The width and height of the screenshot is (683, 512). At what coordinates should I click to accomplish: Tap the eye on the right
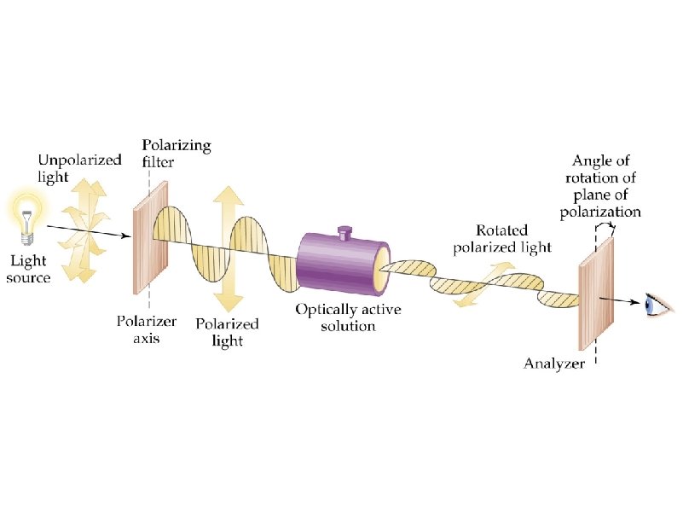point(657,304)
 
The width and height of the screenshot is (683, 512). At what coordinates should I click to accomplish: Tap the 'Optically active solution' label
point(335,317)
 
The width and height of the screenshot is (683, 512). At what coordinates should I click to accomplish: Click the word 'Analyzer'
point(554,364)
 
